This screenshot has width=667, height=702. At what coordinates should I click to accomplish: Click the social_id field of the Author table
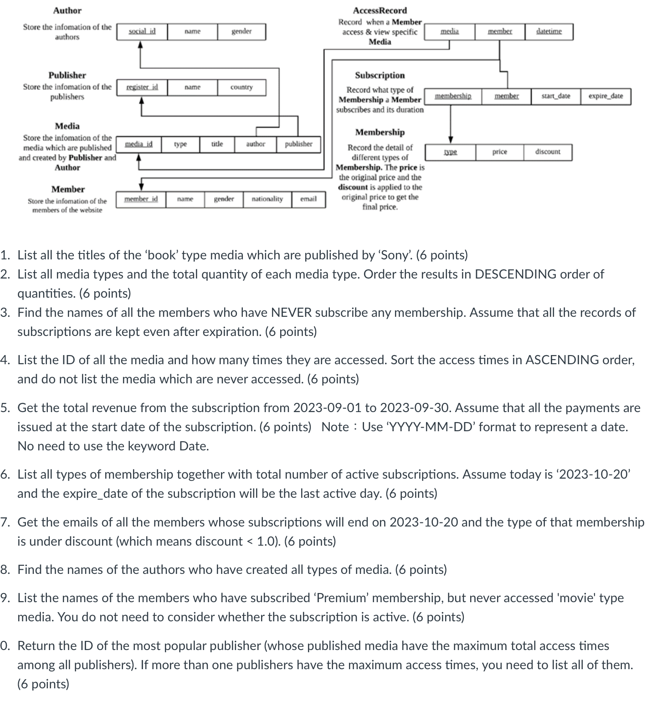pyautogui.click(x=142, y=31)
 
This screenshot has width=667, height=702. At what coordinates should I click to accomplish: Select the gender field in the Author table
pyautogui.click(x=241, y=31)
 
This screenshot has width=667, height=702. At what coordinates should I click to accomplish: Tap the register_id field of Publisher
pyautogui.click(x=142, y=87)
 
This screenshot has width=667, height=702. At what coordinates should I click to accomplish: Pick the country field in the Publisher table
pyautogui.click(x=241, y=87)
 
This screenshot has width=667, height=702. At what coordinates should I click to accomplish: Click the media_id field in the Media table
pyautogui.click(x=139, y=144)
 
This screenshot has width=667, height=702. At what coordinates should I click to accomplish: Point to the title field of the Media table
pyautogui.click(x=217, y=144)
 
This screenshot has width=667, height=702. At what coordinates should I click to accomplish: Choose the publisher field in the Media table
pyautogui.click(x=298, y=144)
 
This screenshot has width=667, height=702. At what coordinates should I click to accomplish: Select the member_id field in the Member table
pyautogui.click(x=141, y=199)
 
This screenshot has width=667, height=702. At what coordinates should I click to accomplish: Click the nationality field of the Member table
pyautogui.click(x=267, y=199)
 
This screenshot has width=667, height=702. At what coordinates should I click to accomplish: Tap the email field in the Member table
pyautogui.click(x=308, y=199)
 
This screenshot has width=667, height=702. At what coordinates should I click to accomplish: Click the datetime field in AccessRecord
pyautogui.click(x=549, y=31)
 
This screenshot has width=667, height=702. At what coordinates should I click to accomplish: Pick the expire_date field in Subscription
pyautogui.click(x=605, y=96)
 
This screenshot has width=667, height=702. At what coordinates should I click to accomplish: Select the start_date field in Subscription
pyautogui.click(x=556, y=96)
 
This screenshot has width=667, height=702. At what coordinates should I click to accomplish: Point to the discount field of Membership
pyautogui.click(x=548, y=152)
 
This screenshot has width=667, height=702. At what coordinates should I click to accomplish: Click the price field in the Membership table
pyautogui.click(x=499, y=152)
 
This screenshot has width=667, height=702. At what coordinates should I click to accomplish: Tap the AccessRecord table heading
pyautogui.click(x=380, y=10)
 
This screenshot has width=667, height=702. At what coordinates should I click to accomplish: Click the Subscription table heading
pyautogui.click(x=380, y=75)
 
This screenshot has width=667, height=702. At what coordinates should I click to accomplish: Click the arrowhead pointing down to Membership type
pyautogui.click(x=451, y=139)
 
